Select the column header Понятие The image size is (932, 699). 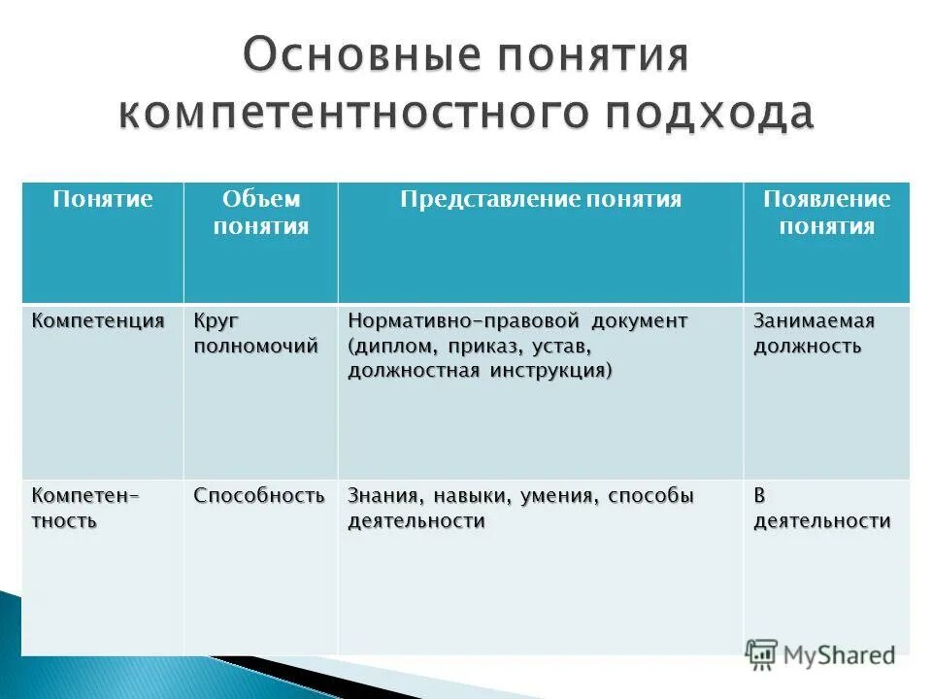click(x=103, y=200)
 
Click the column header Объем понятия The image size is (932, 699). click(x=261, y=214)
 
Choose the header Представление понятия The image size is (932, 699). click(x=541, y=200)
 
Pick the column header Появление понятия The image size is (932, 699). click(x=826, y=214)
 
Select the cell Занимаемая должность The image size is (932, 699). click(x=814, y=334)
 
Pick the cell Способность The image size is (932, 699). click(x=258, y=496)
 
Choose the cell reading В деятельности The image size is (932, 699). click(x=822, y=509)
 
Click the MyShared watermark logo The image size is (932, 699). click(x=820, y=655)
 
